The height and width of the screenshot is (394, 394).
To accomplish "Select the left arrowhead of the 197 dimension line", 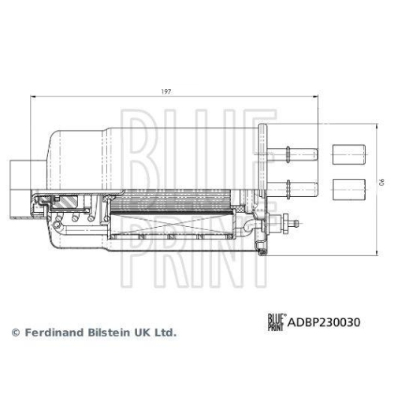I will tap(33, 98).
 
